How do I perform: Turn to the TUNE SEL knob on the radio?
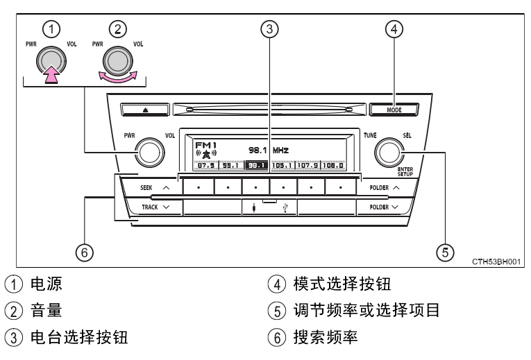point(387,152)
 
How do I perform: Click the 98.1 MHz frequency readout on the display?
point(267,150)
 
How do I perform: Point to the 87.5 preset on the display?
point(206,166)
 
